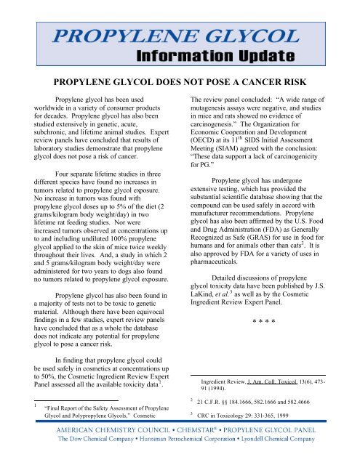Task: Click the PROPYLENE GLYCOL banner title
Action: coord(180,36)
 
